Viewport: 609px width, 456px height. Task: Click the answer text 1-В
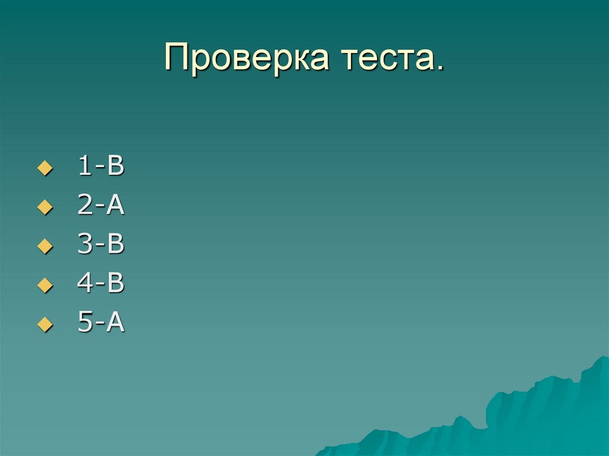coord(101,167)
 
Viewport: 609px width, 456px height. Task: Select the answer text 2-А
coord(101,206)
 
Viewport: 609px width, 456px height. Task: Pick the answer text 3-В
coord(101,245)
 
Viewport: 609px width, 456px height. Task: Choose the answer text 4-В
coord(101,284)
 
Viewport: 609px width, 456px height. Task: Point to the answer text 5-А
coord(101,323)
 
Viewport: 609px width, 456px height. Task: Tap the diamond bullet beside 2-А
coord(42,208)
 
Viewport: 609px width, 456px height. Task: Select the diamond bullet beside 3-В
coord(42,247)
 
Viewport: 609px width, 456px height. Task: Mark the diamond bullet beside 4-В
coord(42,286)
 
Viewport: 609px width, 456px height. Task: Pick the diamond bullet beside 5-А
coord(42,325)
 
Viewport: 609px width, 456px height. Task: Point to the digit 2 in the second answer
coord(84,206)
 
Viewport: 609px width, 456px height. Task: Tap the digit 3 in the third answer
coord(84,245)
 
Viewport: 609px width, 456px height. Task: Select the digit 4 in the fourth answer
coord(84,284)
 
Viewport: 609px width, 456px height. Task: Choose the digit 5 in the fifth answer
coord(84,323)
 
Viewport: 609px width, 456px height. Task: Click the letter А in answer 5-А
coord(115,323)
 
